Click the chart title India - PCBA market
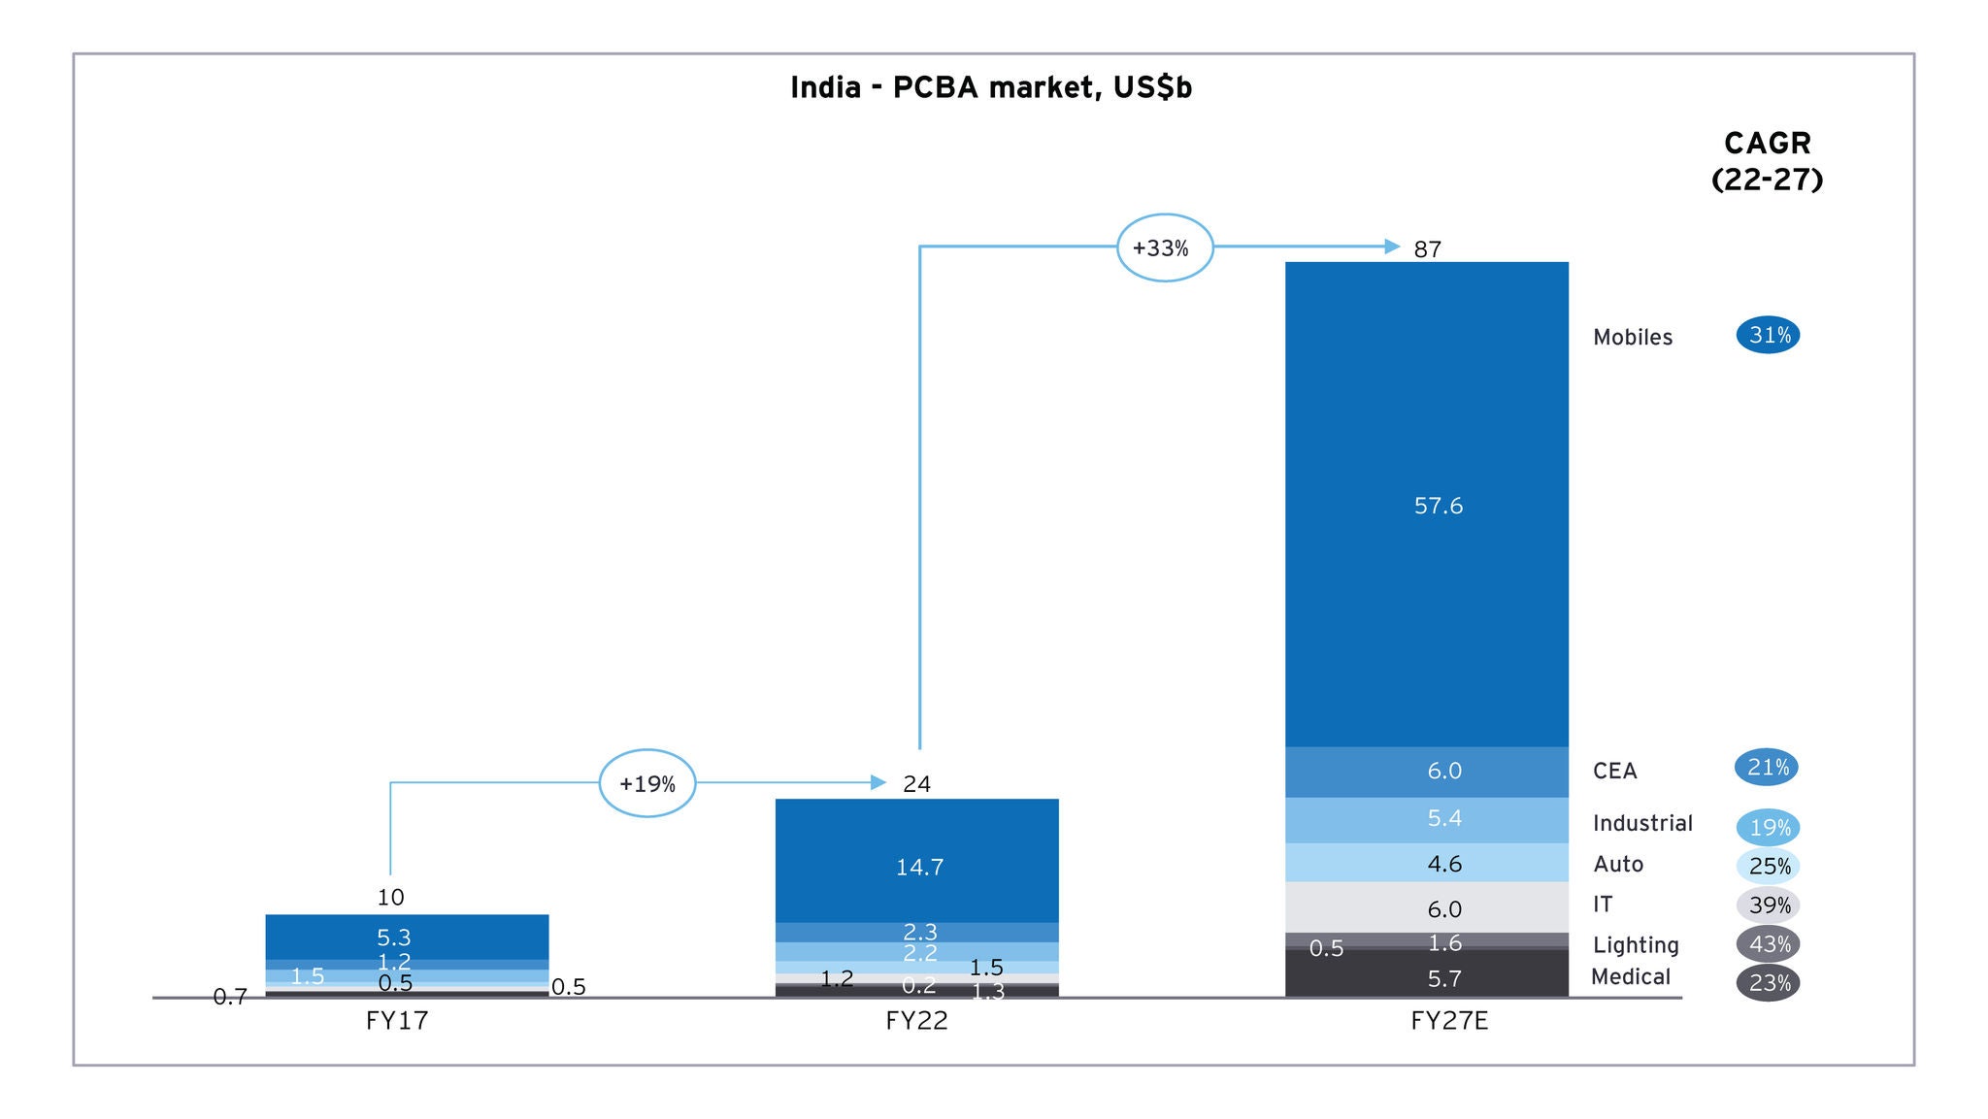point(990,87)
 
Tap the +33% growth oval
point(1164,247)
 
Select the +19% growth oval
point(646,783)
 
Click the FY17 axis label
point(396,1021)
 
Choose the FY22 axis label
point(916,1021)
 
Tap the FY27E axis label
point(1448,1021)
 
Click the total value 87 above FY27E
point(1427,249)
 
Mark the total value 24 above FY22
point(916,784)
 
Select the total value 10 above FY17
point(390,897)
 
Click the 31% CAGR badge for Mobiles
point(1768,335)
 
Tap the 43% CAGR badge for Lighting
point(1768,944)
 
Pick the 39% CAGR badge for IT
point(1768,905)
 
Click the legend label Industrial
point(1642,823)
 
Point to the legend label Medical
point(1631,977)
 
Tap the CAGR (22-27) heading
point(1767,161)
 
